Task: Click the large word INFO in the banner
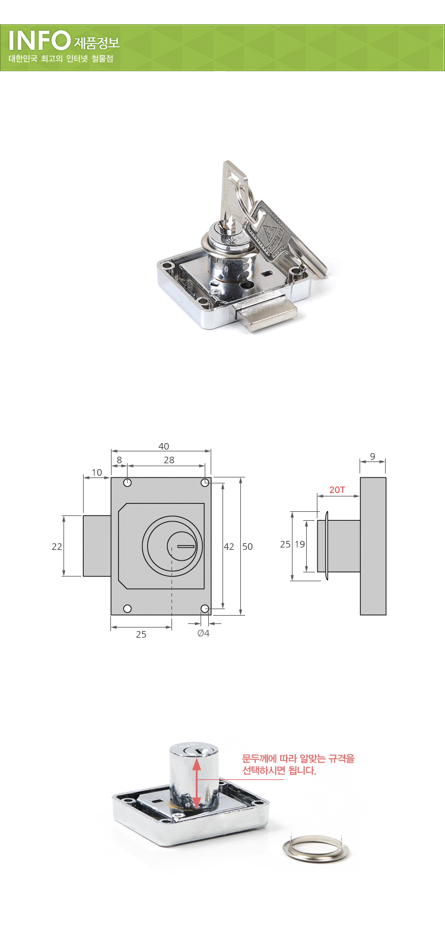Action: pyautogui.click(x=39, y=41)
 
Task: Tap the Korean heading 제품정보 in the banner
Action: pyautogui.click(x=97, y=43)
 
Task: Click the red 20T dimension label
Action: pyautogui.click(x=337, y=490)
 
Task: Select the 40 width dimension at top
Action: pyautogui.click(x=164, y=446)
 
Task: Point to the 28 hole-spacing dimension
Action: pyautogui.click(x=169, y=460)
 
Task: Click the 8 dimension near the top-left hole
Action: pyautogui.click(x=119, y=460)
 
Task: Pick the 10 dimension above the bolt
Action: pyautogui.click(x=97, y=472)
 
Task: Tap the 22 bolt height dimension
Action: pyautogui.click(x=57, y=546)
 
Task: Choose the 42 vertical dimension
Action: pyautogui.click(x=229, y=546)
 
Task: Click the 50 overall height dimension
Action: pyautogui.click(x=247, y=546)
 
